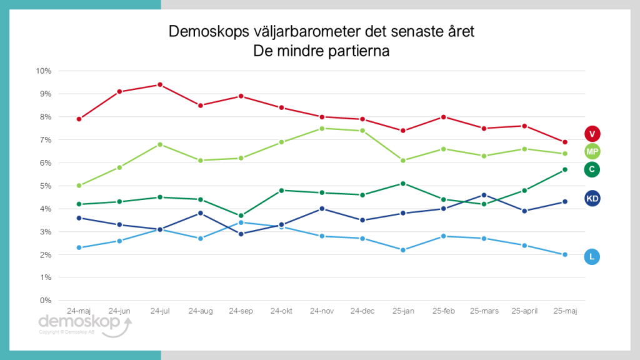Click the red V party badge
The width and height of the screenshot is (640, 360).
[592, 133]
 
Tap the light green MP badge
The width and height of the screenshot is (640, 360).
[592, 151]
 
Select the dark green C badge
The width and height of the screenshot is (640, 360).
[592, 169]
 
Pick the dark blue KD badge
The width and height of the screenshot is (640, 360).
[592, 199]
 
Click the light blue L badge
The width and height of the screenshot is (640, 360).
[592, 256]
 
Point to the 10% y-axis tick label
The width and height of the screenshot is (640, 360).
[42, 71]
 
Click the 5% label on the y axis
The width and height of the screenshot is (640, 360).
[44, 186]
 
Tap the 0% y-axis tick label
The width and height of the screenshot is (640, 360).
[44, 301]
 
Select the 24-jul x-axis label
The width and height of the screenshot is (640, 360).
[160, 311]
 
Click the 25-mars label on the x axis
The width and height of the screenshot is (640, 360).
[484, 311]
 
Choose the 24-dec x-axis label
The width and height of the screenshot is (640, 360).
[362, 311]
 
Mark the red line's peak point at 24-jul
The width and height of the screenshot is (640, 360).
[160, 84]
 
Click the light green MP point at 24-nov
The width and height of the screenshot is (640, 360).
[322, 128]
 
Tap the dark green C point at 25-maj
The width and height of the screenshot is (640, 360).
[565, 169]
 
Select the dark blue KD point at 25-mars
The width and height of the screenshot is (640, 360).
[484, 195]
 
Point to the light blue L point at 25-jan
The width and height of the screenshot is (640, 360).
[403, 250]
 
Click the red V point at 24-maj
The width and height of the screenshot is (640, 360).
[79, 119]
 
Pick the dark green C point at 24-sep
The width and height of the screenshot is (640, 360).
[241, 216]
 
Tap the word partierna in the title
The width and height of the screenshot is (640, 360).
[354, 51]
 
